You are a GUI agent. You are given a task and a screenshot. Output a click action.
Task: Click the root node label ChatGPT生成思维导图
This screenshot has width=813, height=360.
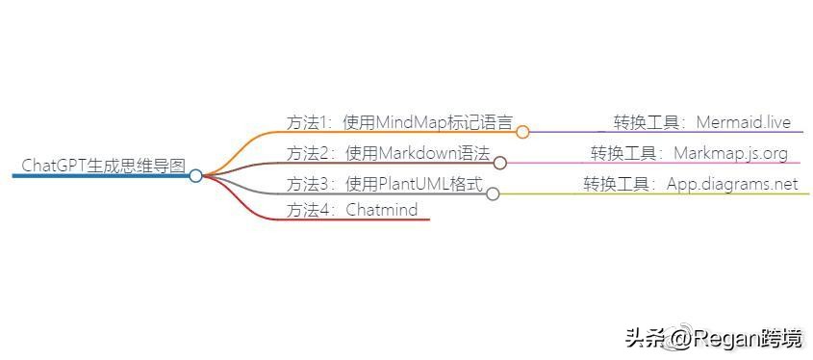tap(103, 165)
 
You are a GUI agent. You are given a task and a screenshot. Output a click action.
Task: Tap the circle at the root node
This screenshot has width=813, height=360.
tap(195, 176)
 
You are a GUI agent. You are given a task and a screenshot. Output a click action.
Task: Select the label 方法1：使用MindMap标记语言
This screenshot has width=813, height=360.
tap(399, 122)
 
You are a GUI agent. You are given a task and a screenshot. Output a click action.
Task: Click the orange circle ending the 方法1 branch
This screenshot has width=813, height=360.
tap(522, 132)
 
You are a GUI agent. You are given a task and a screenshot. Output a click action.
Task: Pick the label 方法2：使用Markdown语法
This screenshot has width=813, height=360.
tap(388, 153)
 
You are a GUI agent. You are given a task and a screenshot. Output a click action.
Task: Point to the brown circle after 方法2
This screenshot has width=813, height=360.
tap(500, 163)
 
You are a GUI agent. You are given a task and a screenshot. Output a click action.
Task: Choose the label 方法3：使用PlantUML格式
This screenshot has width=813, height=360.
tap(384, 184)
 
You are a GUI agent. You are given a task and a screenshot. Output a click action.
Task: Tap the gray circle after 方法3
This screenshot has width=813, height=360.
tap(493, 193)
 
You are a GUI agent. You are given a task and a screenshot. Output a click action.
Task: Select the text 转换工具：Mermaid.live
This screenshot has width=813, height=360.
tap(702, 122)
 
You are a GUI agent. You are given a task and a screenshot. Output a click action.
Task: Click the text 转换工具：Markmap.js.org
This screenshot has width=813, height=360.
tap(689, 153)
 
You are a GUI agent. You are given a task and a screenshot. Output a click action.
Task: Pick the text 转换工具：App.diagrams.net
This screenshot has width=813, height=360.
tap(690, 184)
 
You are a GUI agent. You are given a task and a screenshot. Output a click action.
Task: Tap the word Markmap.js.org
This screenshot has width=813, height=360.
tap(730, 153)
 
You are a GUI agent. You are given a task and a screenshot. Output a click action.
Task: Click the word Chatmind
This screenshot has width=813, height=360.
tap(382, 210)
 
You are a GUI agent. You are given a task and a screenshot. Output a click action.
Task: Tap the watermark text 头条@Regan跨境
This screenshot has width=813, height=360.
tap(713, 338)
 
